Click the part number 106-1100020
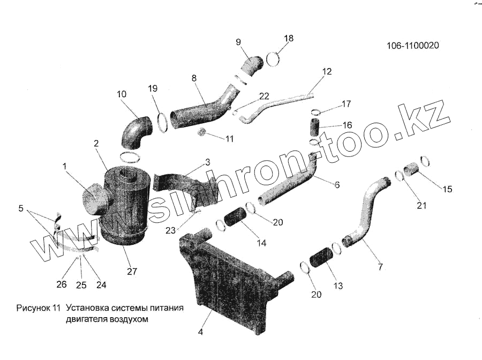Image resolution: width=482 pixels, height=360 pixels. click(x=412, y=46)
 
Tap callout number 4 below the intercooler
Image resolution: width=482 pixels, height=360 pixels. click(x=200, y=332)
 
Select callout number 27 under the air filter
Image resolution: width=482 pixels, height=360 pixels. click(x=132, y=272)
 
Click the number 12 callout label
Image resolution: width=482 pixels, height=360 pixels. click(x=327, y=71)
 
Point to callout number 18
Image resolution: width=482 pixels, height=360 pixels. click(x=289, y=38)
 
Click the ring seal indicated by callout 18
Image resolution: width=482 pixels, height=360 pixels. click(x=273, y=58)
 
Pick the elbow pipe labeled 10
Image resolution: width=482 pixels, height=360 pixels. click(x=134, y=134)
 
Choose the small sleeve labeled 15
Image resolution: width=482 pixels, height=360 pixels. click(x=412, y=170)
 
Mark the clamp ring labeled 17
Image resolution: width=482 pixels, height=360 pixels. click(x=316, y=112)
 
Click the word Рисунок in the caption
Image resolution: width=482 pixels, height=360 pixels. click(x=34, y=309)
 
